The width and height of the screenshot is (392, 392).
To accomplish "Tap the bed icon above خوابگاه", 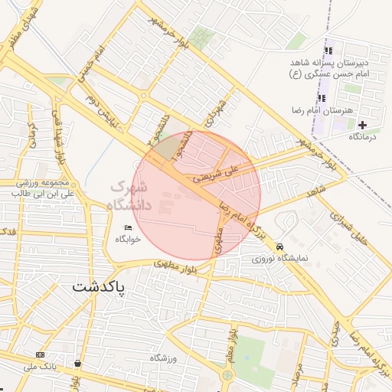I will tap(128, 227).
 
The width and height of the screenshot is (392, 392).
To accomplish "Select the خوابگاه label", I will tap(128, 240).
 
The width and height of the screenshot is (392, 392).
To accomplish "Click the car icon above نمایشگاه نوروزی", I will tap(280, 247).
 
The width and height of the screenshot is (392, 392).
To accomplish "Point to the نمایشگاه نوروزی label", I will tap(280, 259).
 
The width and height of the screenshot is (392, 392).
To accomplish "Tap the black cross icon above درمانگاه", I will tap(362, 124).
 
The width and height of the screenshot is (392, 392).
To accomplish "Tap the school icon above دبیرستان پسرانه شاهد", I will tap(328, 51).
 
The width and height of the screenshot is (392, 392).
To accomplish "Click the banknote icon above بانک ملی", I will tap(40, 355).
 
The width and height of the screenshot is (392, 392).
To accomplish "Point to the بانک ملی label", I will tap(40, 367).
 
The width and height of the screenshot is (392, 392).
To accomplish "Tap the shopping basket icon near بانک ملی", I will tap(77, 363).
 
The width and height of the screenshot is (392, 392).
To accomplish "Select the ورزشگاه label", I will tap(164, 358).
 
